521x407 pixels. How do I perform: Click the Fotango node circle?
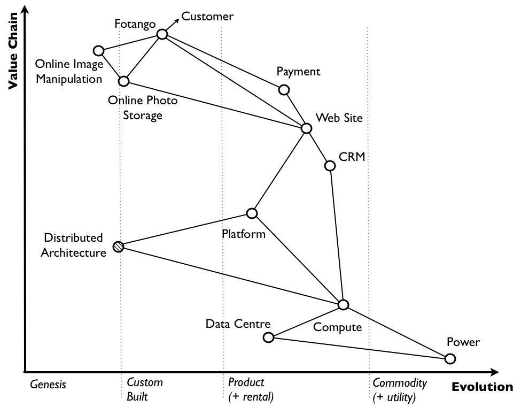coord(162,34)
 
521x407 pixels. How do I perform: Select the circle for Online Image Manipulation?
coord(98,51)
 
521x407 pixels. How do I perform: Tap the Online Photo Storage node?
coord(124,81)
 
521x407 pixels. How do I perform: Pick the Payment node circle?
coord(284,90)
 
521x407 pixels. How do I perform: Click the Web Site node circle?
coord(306,128)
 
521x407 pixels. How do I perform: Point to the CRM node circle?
coord(330,166)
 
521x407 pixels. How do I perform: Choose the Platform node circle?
coord(252,213)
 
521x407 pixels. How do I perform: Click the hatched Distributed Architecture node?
coord(119,247)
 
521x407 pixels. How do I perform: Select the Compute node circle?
coord(344,304)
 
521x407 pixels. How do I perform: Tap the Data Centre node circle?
coord(269,337)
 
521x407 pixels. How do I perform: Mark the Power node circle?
coord(450,359)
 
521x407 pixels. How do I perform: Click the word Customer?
coord(207,17)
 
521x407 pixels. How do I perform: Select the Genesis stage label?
coord(48,384)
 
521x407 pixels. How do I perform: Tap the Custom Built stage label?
coord(144,390)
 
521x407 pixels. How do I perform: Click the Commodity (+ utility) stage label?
coord(399,390)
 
